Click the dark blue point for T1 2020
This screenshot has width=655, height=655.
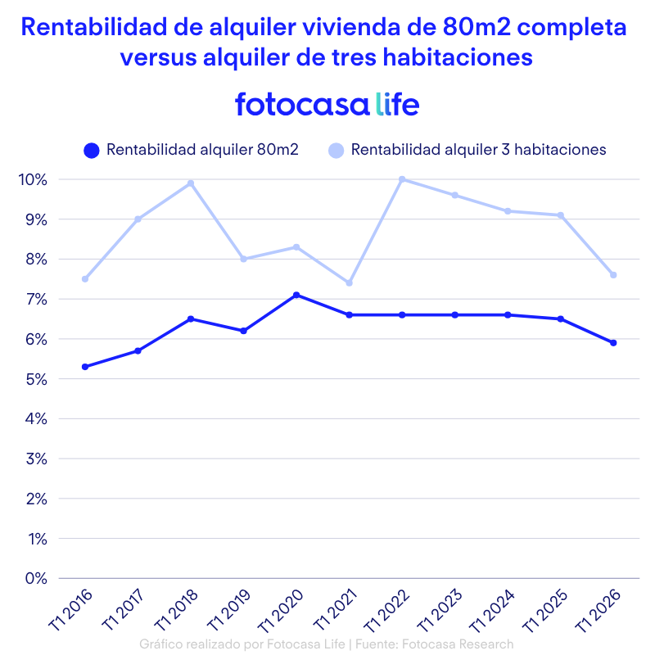296,295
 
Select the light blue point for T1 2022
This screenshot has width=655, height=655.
402,179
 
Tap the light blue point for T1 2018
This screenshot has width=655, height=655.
191,183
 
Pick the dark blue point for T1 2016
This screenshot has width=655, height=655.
85,367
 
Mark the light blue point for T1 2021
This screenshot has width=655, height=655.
349,283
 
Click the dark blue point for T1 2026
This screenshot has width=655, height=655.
613,343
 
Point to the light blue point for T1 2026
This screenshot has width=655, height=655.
613,275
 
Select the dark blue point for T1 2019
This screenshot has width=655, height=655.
243,331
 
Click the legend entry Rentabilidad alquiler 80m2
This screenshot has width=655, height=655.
191,150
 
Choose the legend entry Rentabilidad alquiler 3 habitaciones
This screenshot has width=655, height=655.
467,150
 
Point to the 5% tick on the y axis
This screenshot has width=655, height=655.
35,379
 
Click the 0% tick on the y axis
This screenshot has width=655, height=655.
35,578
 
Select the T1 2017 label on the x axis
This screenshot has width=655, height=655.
124,610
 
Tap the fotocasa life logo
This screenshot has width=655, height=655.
327,105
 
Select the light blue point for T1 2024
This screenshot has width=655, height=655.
508,211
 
